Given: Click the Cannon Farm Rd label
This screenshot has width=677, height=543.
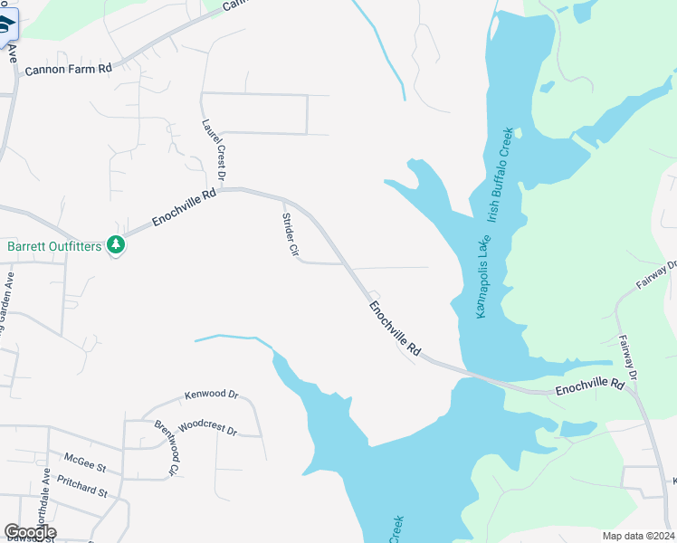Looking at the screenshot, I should click(68, 69).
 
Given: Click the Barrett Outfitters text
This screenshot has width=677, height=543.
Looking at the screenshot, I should click(54, 245).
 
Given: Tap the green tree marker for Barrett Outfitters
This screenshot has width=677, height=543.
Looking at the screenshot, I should click(116, 245).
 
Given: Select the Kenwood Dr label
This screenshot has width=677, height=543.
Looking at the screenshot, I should click(210, 395).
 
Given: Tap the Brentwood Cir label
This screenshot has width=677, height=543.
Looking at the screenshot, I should click(167, 448).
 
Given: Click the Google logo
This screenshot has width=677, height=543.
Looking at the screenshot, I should click(30, 532).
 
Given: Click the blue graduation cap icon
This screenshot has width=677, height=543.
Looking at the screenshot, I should click(6, 24).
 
